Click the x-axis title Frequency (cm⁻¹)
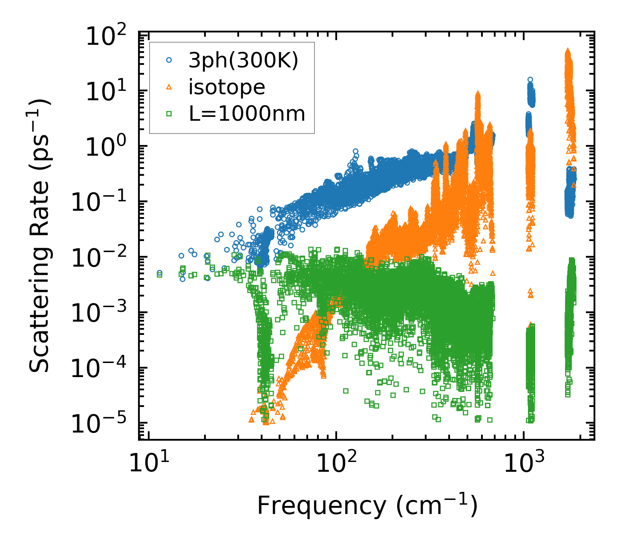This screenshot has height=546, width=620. tap(367, 506)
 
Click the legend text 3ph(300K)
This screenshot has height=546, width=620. tap(243, 61)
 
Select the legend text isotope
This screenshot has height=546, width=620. tap(227, 87)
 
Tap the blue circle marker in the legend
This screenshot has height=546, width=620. tap(169, 61)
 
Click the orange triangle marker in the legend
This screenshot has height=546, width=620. tap(169, 87)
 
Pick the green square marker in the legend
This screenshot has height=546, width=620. tap(169, 113)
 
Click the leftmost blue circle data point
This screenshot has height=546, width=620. tap(159, 273)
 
